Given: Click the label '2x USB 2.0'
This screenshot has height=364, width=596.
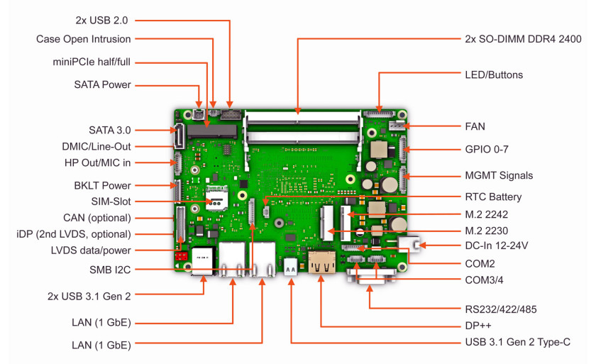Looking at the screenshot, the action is (101, 21).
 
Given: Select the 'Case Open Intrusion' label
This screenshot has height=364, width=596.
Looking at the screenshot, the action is (83, 39).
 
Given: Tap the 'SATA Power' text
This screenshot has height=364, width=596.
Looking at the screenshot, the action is (102, 84).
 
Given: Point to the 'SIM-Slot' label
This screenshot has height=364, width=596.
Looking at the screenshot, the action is (111, 202).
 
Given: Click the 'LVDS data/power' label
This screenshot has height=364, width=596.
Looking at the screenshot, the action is (91, 250).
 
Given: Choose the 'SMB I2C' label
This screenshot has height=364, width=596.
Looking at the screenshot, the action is (110, 270).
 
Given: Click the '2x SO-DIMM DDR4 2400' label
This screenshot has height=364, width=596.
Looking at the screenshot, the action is (523, 39).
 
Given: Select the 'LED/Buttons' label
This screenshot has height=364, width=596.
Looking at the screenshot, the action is (494, 75).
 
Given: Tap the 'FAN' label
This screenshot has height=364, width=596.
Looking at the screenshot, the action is (475, 126).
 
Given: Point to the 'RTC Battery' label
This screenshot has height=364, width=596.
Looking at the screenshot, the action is (493, 197).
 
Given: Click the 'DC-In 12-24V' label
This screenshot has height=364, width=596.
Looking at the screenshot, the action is (497, 246).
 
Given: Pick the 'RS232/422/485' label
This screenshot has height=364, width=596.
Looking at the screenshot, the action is (501, 309).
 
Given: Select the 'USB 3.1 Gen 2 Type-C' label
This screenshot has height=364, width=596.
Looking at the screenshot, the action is (517, 342).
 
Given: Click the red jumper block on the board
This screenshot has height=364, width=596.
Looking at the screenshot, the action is (182, 255).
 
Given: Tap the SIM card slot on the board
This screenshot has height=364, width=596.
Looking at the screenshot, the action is (216, 198).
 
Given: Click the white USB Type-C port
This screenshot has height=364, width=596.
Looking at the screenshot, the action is (290, 265).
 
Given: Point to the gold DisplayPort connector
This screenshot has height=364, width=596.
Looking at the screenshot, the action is (322, 262).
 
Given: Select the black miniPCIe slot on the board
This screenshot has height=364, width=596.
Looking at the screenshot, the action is (212, 131).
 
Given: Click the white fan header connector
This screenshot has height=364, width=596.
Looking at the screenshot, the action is (396, 126).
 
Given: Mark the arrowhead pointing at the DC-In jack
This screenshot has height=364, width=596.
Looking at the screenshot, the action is (421, 246).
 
